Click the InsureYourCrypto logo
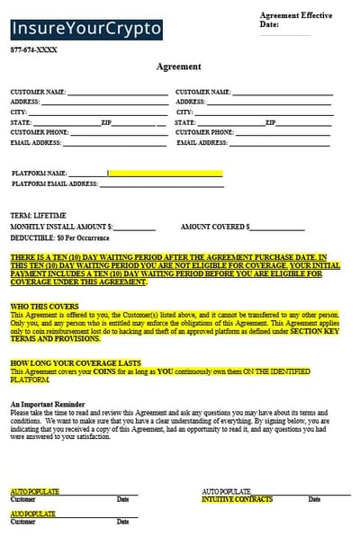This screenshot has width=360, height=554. (86, 29)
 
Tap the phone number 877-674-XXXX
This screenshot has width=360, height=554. (33, 50)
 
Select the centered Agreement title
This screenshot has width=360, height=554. (179, 67)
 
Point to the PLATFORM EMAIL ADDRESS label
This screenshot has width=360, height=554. (54, 183)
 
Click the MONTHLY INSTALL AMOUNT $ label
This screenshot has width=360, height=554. (61, 227)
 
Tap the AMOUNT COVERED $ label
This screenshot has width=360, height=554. (216, 227)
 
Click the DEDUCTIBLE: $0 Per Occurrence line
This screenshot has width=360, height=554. (59, 237)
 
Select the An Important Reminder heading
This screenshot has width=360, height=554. (49, 406)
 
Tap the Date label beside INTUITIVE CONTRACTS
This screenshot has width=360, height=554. (315, 499)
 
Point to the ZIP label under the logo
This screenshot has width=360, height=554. (106, 121)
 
